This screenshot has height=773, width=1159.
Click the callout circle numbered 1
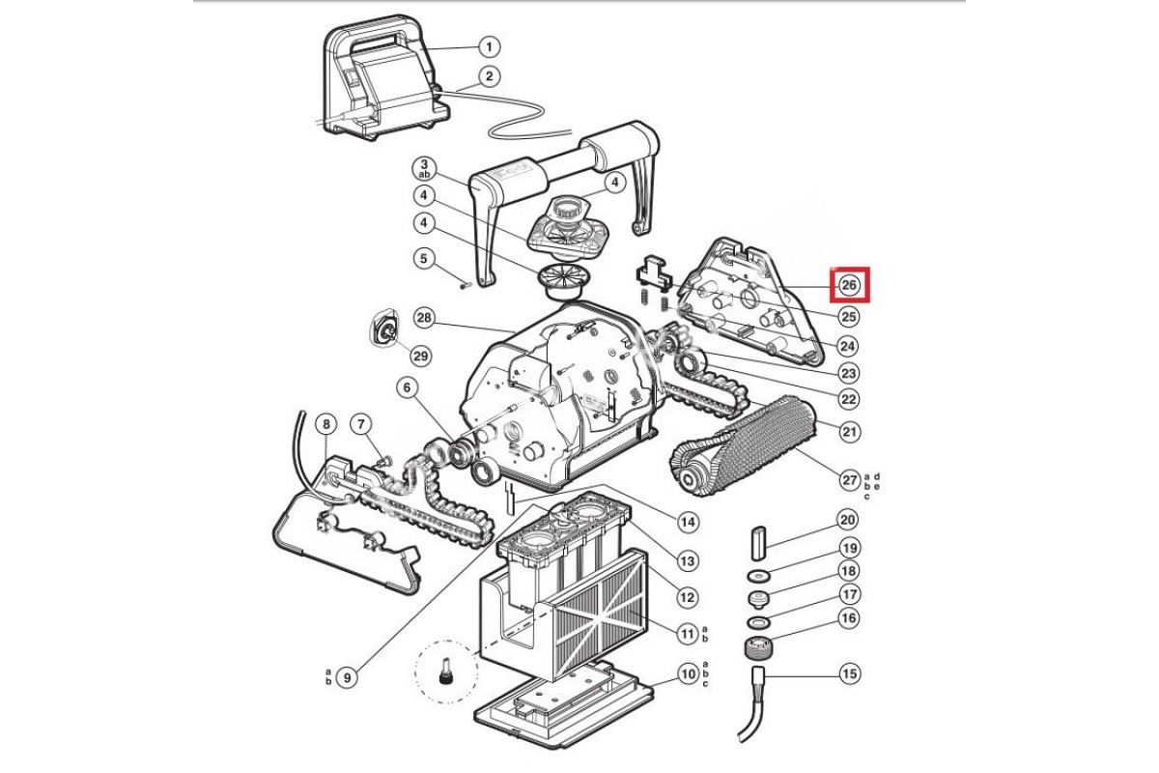[x=489, y=47]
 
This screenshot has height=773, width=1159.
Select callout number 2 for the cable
[x=489, y=77]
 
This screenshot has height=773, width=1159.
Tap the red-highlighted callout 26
[x=849, y=285]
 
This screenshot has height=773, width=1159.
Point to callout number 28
[x=424, y=317]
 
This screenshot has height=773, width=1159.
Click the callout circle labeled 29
[x=421, y=356]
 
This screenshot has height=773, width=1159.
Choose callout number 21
[x=849, y=431]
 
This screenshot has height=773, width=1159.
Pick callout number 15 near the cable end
[x=849, y=673]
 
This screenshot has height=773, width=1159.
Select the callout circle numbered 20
[x=847, y=519]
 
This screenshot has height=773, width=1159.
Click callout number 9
[x=347, y=677]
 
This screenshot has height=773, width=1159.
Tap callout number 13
[x=687, y=560]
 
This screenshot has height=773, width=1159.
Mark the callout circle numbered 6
[x=407, y=387]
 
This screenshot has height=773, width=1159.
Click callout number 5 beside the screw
[x=424, y=258]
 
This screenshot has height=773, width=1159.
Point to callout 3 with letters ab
[x=424, y=169]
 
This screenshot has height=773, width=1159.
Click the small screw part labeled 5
[x=465, y=283]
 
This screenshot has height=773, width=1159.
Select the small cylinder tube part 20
[x=759, y=544]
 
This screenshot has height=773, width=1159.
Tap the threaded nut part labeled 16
[x=756, y=647]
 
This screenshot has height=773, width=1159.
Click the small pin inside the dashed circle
[x=443, y=671]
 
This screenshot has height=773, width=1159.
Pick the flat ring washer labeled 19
[x=758, y=575]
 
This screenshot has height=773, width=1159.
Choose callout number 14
[x=687, y=522]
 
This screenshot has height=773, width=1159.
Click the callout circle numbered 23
[x=849, y=373]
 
